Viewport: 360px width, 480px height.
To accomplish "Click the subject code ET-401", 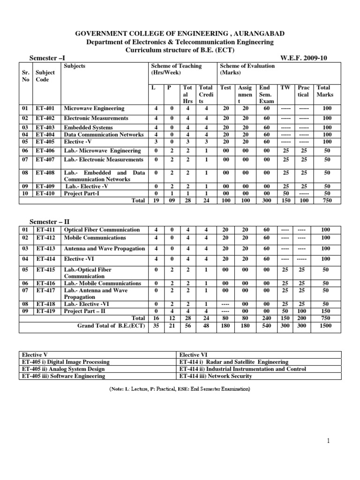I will coord(45,109).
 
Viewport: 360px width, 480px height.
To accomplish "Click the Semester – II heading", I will coord(50,221).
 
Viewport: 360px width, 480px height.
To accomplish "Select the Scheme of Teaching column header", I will coord(176,69).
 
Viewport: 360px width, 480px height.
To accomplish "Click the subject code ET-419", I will coord(45,311).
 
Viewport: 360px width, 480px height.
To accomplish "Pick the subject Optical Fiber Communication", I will coord(102,230).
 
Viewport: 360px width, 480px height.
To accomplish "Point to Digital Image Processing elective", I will coord(65,362).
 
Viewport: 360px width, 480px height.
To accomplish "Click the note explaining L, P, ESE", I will coord(180,389).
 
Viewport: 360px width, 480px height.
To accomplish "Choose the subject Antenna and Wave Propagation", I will coord(104,248).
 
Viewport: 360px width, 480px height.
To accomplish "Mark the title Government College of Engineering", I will coord(180,34).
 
